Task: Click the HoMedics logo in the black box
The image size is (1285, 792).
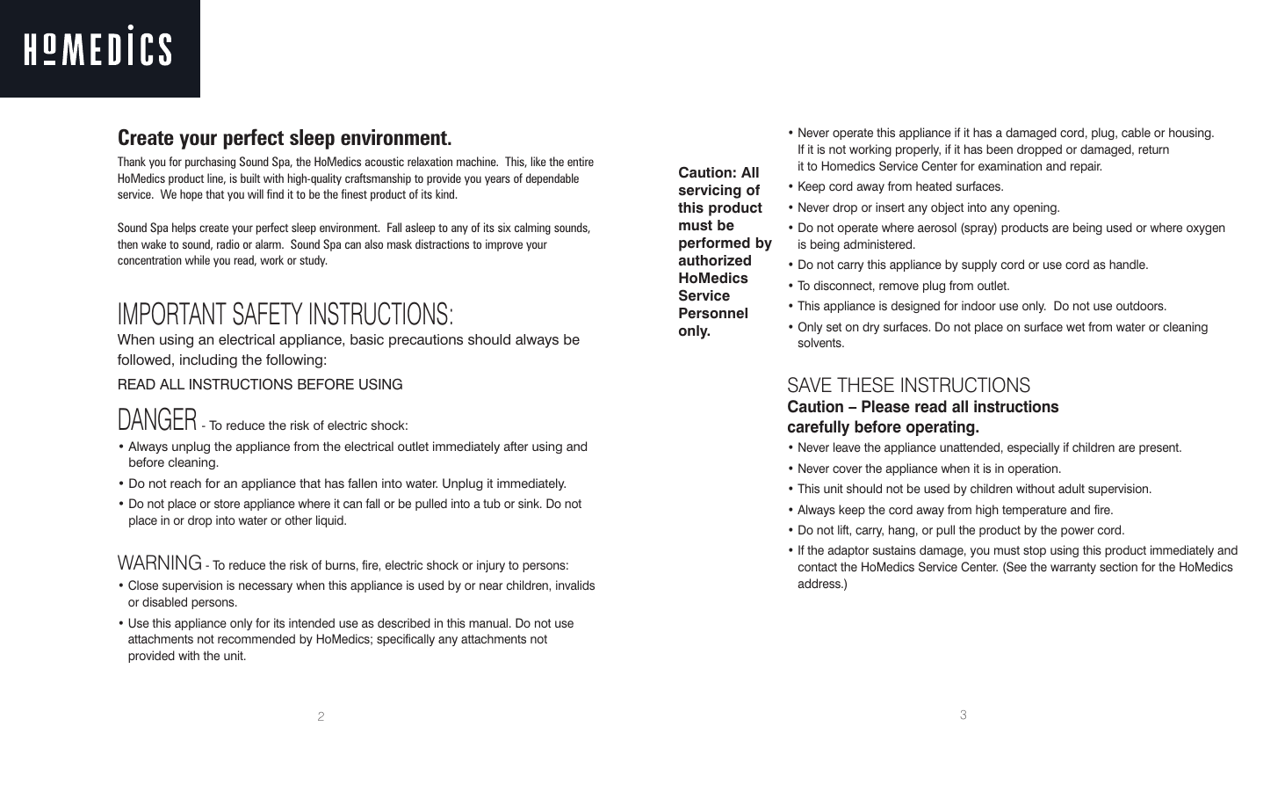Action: [x=97, y=48]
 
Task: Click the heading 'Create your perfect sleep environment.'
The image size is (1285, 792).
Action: [x=285, y=139]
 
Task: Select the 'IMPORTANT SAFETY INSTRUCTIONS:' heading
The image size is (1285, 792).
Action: [x=285, y=314]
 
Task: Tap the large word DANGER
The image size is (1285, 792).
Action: [x=157, y=420]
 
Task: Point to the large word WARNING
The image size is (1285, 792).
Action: [x=160, y=563]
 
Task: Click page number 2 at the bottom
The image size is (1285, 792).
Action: [x=321, y=717]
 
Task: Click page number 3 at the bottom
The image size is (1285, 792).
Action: [x=963, y=716]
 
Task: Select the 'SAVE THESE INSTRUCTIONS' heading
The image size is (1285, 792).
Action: [x=908, y=385]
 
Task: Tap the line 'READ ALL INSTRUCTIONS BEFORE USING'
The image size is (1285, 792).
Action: [x=260, y=384]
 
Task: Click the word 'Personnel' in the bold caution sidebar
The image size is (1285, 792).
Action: [x=712, y=313]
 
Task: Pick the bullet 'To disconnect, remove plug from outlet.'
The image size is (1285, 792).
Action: [x=903, y=286]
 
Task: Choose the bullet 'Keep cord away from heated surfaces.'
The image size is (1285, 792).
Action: [x=899, y=186]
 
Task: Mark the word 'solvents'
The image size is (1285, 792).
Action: [x=820, y=343]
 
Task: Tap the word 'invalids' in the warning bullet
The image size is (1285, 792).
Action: [x=570, y=585]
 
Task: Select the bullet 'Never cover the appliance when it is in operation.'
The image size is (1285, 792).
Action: [x=928, y=469]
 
